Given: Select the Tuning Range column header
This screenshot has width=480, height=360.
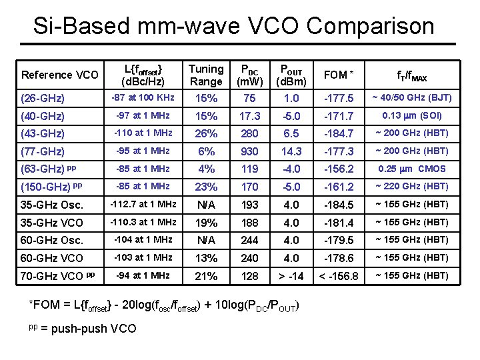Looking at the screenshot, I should pos(206,75).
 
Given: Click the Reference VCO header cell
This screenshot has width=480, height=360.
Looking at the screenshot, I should pos(60,75).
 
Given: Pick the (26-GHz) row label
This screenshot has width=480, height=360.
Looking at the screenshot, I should pos(43,98).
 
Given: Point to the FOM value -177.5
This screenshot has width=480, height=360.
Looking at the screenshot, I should pos(339,98).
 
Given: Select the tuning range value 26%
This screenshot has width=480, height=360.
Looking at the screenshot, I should pos(206,133).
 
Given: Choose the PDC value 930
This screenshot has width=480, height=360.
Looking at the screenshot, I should pos(249,151).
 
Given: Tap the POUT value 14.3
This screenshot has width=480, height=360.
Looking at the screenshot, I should pos(291,151).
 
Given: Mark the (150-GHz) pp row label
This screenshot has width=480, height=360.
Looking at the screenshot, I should pos(52,187).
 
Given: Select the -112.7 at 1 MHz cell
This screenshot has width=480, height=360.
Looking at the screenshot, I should pos(143,205).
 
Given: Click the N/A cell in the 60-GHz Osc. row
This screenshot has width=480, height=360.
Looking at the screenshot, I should pos(206,240).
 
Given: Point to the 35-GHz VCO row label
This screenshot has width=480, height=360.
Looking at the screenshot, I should pos(53,223).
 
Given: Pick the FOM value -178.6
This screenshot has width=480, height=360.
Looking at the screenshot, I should pos(339,258).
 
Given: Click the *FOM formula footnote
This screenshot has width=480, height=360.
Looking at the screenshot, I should pos(164,306).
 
